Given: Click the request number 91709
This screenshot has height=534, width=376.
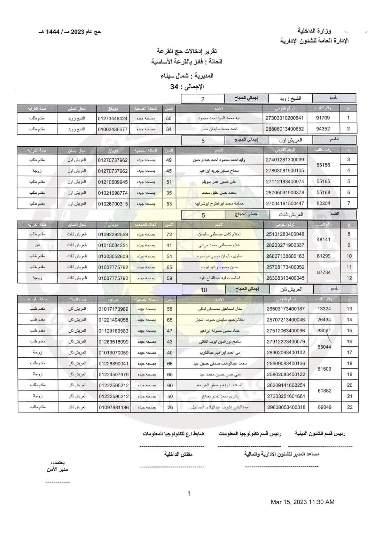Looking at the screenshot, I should coord(323,118).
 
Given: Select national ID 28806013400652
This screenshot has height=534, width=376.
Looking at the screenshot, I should coord(284,129).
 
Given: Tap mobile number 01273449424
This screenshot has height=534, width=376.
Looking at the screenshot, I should coord(112,118).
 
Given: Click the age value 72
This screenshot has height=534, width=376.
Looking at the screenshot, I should coord(169,234).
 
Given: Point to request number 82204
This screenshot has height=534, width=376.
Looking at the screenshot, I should coord(323,203).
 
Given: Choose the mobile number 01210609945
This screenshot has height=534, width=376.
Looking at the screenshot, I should coord(113,182).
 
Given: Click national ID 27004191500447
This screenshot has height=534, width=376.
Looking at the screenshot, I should coord(285,203).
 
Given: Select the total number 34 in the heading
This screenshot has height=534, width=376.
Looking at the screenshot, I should coord(174,87).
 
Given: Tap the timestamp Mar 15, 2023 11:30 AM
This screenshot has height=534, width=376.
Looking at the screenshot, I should coord(303,502).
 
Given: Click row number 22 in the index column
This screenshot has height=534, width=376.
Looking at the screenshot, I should coord(350,407).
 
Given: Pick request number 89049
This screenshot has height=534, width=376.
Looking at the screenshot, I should coord(324,407).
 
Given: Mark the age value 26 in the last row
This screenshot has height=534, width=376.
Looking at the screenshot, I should coord(170,407).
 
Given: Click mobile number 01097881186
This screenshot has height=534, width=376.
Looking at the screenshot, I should coord(113,407).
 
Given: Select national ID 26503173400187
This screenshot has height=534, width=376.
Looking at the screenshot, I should coord(285,309).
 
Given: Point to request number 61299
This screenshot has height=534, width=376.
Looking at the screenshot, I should coord(324,256).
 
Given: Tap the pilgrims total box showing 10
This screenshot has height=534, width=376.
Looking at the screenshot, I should coord(204,290).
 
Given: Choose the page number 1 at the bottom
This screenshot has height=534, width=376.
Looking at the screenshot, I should coord(189,493).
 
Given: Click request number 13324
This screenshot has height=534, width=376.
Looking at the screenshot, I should coord(324,309).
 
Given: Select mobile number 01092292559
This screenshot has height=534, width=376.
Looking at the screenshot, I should coord(113,234).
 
